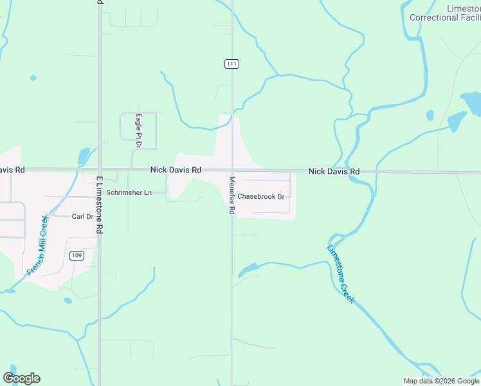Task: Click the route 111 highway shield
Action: pyautogui.click(x=232, y=64)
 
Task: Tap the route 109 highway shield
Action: pyautogui.click(x=77, y=255)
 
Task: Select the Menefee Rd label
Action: pyautogui.click(x=232, y=195)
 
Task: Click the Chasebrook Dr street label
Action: pyautogui.click(x=260, y=196)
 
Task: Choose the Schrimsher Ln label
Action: pyautogui.click(x=129, y=192)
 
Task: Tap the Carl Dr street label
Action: pyautogui.click(x=82, y=217)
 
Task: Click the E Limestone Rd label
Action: pyautogui.click(x=99, y=204)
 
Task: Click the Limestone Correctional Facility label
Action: pyautogui.click(x=444, y=13)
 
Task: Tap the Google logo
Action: pyautogui.click(x=21, y=378)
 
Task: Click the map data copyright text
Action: pyautogui.click(x=441, y=381)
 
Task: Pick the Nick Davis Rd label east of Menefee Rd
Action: pyautogui.click(x=334, y=172)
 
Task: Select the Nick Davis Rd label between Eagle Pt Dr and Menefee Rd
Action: pyautogui.click(x=176, y=170)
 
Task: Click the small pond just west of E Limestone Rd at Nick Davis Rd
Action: pyautogui.click(x=84, y=156)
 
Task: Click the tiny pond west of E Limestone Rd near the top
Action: pyautogui.click(x=33, y=78)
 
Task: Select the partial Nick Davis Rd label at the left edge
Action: pyautogui.click(x=12, y=170)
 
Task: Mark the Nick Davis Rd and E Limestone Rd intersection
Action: pyautogui.click(x=99, y=170)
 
